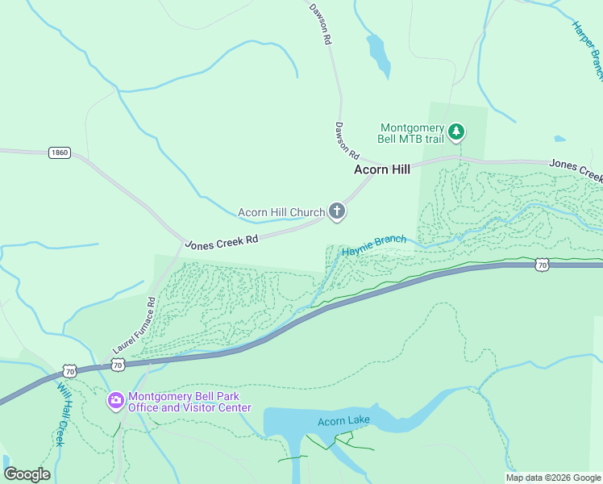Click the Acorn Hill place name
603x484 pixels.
click(x=382, y=169)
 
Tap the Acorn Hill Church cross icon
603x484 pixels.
click(x=337, y=212)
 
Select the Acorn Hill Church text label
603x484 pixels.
click(x=281, y=213)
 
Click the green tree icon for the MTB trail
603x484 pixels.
click(x=456, y=131)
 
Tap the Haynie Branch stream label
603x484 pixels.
click(x=374, y=245)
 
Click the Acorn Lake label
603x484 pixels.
click(x=343, y=421)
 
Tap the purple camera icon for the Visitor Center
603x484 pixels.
click(x=116, y=400)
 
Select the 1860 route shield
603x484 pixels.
click(x=59, y=152)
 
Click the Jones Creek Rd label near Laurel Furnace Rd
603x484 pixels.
click(x=221, y=240)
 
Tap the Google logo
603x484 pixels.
click(x=27, y=474)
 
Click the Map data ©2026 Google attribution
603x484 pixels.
click(x=552, y=478)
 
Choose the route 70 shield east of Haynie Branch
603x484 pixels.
click(x=542, y=264)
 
